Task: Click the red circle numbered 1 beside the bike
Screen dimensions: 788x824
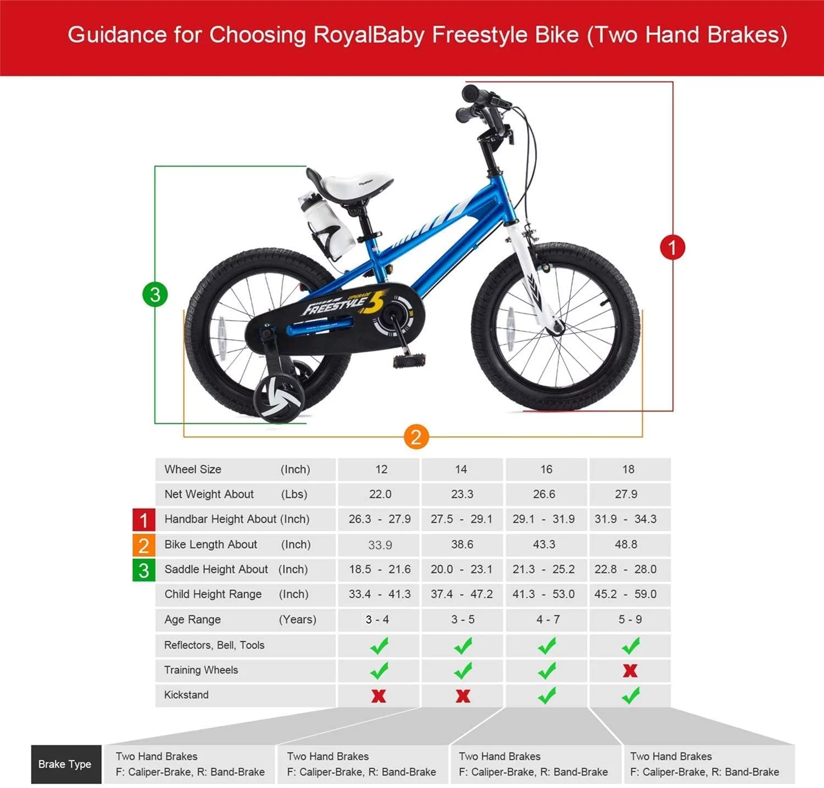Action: pyautogui.click(x=672, y=247)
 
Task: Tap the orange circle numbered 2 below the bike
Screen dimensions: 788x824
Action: pyautogui.click(x=416, y=437)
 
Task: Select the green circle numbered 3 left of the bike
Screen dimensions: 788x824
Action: pyautogui.click(x=155, y=295)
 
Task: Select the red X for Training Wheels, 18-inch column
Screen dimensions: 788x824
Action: pyautogui.click(x=630, y=670)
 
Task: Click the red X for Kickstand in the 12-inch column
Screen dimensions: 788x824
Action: pyautogui.click(x=378, y=696)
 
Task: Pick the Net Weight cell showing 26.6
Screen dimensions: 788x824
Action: pyautogui.click(x=544, y=494)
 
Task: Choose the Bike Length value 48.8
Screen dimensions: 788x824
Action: pyautogui.click(x=626, y=544)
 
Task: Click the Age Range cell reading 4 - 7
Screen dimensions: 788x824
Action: pyautogui.click(x=548, y=619)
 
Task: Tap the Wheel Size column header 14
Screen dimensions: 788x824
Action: pyautogui.click(x=461, y=469)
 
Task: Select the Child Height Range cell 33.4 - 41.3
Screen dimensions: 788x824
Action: pyautogui.click(x=380, y=594)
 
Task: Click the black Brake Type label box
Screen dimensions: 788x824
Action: pyautogui.click(x=65, y=764)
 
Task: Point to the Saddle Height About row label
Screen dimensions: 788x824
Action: pyautogui.click(x=216, y=569)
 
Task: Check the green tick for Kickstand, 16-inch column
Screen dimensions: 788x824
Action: pyautogui.click(x=547, y=696)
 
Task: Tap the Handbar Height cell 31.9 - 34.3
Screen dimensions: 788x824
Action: pyautogui.click(x=625, y=519)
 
